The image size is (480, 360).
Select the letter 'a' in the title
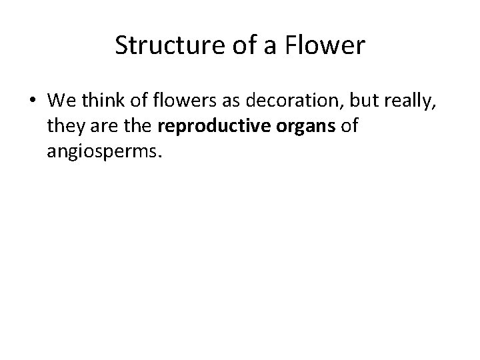click(x=259, y=46)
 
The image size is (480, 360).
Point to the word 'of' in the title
click(x=234, y=46)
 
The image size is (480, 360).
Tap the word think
click(x=99, y=102)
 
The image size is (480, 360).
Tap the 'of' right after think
click(x=131, y=102)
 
